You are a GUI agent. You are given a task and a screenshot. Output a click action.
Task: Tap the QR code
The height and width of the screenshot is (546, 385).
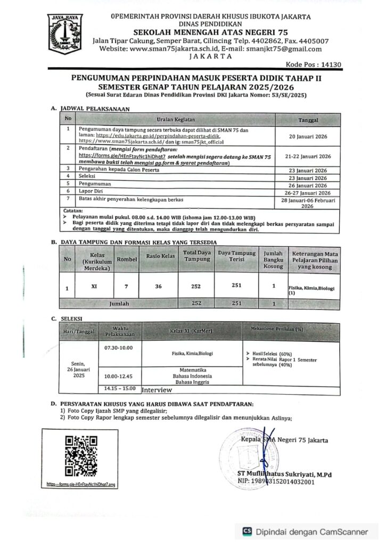point(81,455)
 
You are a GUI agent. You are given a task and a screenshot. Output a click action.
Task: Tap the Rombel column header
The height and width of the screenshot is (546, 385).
point(127,258)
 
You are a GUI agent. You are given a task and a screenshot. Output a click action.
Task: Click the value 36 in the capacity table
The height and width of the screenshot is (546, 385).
point(158,286)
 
